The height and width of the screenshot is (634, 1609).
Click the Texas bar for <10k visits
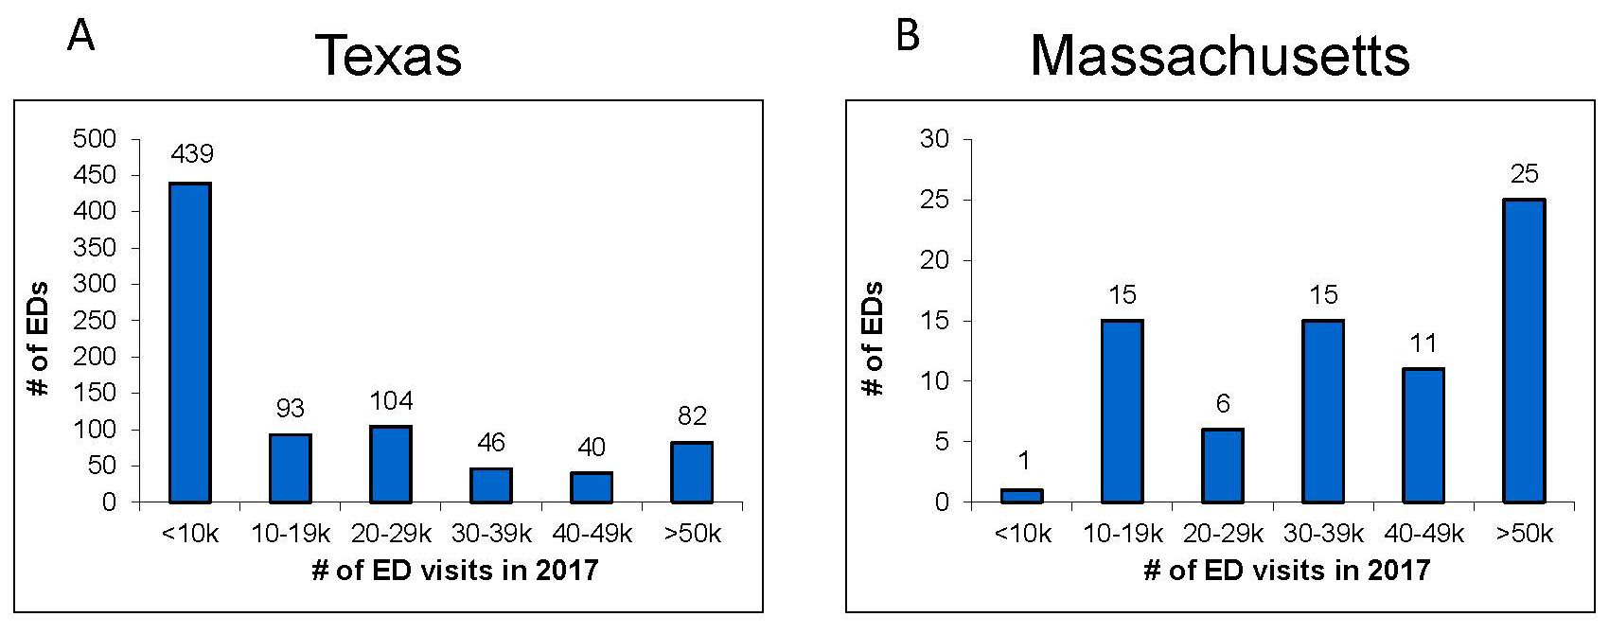(190, 342)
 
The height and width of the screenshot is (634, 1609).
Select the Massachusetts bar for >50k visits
(1523, 350)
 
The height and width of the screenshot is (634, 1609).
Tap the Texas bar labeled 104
(391, 464)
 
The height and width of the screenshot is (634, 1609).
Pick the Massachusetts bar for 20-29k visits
(1222, 466)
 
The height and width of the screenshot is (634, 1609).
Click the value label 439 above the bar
(192, 154)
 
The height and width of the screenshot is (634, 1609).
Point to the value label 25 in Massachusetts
(1524, 174)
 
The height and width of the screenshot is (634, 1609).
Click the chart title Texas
(388, 55)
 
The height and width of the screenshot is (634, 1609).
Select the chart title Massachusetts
(1220, 55)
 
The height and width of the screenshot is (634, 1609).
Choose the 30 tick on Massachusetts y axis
(933, 139)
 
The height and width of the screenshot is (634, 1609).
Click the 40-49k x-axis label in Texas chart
(592, 534)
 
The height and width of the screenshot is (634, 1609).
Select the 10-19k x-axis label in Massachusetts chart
(1123, 534)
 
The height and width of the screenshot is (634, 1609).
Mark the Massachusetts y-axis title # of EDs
(874, 339)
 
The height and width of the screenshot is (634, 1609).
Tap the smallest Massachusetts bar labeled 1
(1022, 495)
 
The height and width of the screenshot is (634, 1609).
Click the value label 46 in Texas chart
(491, 442)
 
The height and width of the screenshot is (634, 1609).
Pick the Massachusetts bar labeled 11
(1423, 435)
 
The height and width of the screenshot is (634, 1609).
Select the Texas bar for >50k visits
(692, 471)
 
